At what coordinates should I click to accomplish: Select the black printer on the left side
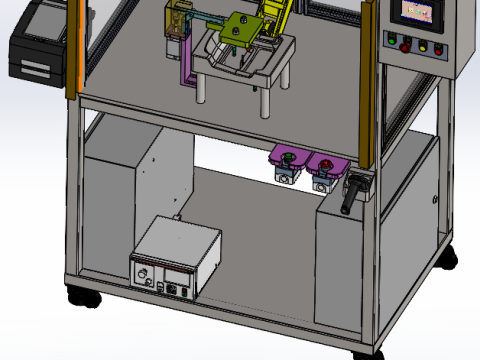click(x=37, y=45)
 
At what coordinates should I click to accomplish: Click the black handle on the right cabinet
click(x=351, y=195)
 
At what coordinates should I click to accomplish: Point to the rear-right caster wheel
click(x=448, y=258)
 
